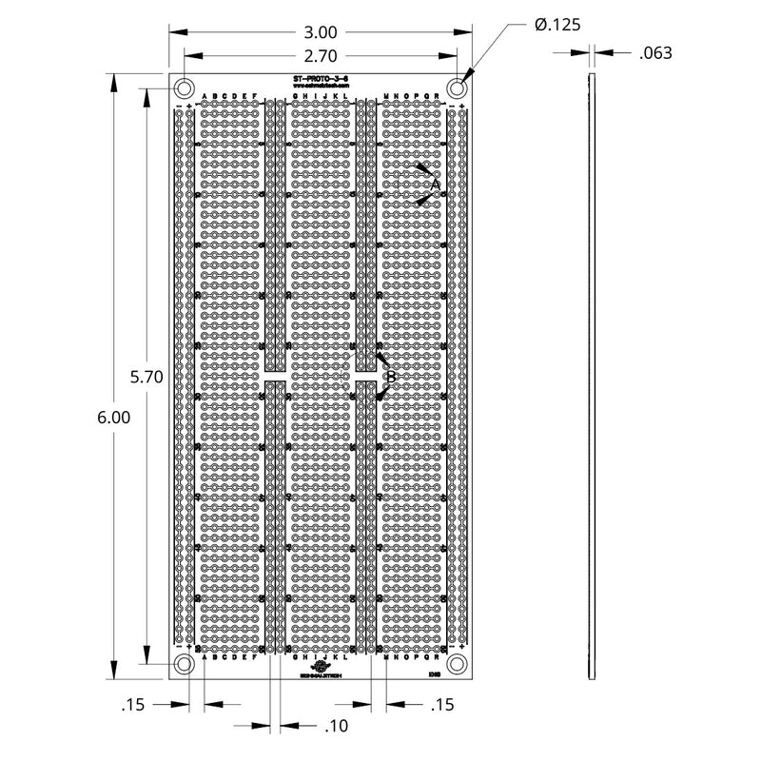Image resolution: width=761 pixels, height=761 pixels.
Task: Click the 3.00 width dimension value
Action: point(322,30)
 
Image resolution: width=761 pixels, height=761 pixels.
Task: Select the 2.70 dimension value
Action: point(322,55)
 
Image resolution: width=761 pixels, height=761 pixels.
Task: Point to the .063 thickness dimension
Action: point(655,53)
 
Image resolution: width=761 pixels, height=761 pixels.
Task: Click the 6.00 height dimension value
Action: point(113,416)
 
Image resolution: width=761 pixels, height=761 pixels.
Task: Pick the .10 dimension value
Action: point(337,726)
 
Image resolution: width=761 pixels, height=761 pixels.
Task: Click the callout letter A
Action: point(436,183)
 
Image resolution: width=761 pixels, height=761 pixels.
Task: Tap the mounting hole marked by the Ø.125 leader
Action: point(458,88)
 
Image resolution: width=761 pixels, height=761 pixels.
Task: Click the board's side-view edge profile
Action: point(590,376)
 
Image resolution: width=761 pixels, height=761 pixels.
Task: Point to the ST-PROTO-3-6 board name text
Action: point(322,79)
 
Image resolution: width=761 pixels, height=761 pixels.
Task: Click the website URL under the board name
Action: point(322,87)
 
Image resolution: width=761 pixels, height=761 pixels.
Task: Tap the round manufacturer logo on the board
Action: point(321,667)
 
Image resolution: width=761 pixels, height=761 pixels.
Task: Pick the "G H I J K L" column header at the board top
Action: point(321,96)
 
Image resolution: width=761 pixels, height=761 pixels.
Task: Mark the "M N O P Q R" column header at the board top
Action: point(411,96)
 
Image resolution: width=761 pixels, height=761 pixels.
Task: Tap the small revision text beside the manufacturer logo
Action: point(433,674)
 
